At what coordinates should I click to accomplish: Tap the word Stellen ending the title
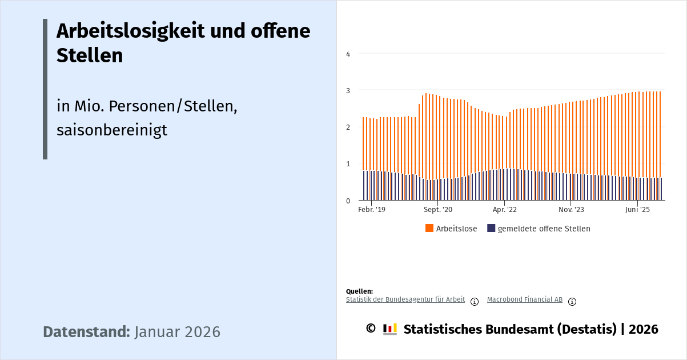point(90,55)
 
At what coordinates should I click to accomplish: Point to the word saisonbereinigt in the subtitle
point(112,130)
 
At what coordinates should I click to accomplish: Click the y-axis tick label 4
point(348,54)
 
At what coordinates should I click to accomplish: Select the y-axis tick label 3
point(348,90)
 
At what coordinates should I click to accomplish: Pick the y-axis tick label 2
point(348,127)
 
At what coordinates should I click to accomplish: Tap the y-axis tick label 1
point(348,163)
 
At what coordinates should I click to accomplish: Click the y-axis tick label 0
point(348,201)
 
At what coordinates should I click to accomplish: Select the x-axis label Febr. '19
point(371,210)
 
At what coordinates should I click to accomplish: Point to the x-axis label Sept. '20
point(437,210)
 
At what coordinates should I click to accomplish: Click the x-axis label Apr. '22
point(504,210)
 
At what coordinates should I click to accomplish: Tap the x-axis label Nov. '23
point(571,210)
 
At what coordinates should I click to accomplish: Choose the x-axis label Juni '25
point(637,210)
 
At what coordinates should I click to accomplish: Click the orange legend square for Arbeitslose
point(429,229)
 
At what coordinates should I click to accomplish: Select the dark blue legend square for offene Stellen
point(491,229)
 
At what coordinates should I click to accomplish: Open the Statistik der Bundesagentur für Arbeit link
point(405,299)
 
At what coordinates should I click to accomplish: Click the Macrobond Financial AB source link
point(525,299)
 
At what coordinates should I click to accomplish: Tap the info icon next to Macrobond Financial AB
point(572,302)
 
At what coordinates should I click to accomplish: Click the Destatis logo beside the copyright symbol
point(390,329)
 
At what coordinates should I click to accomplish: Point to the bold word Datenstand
point(87,332)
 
